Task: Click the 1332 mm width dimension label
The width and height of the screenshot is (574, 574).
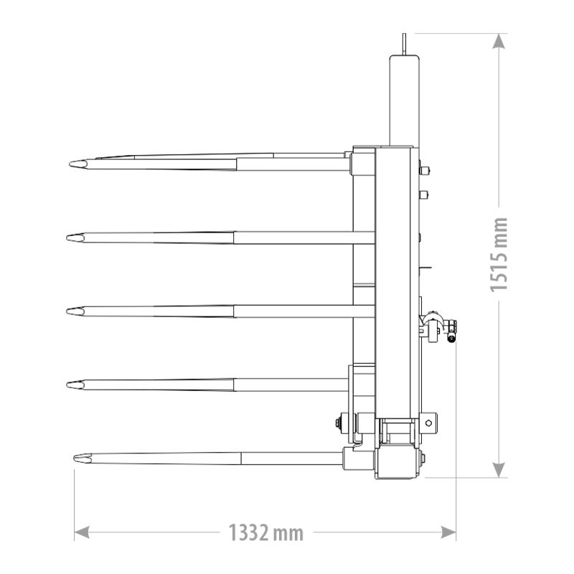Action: pos(265,533)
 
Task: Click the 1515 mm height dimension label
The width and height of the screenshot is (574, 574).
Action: pos(499,254)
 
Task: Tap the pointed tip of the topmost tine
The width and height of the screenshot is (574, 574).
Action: pos(72,165)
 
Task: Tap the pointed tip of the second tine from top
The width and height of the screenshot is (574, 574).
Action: pos(70,237)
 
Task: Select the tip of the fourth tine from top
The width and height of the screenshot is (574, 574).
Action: pos(70,385)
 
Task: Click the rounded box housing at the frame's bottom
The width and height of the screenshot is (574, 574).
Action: pos(397,462)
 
